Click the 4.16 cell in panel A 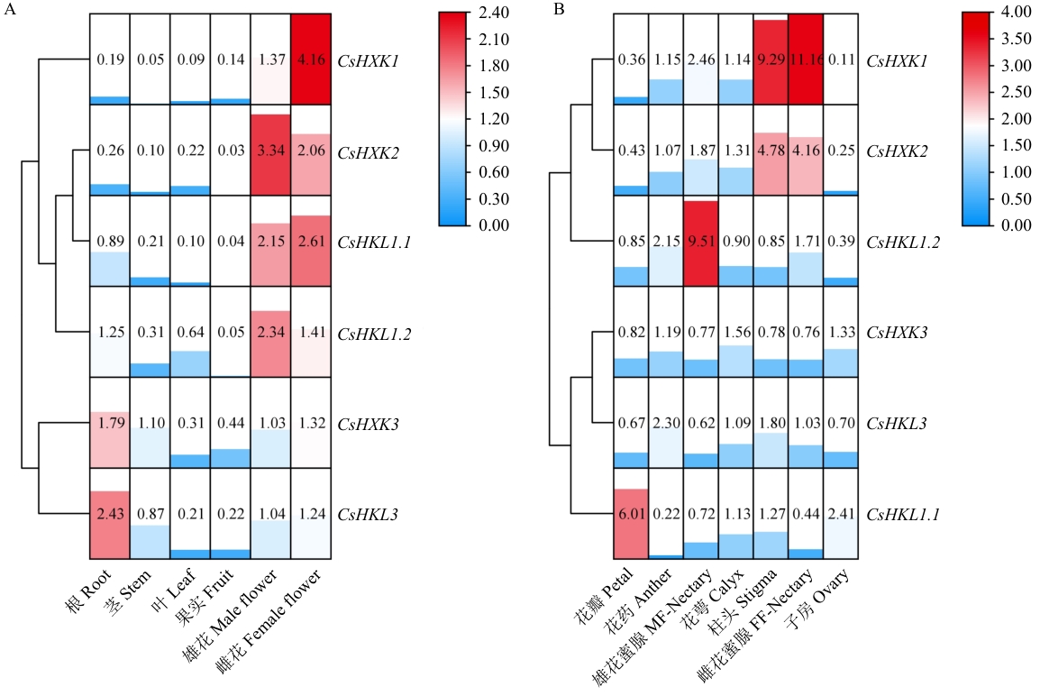click(310, 59)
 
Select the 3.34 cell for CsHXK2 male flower click(270, 150)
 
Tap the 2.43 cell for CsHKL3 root click(110, 514)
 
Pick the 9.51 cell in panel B click(700, 241)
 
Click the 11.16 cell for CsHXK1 click(805, 59)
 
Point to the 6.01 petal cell click(631, 514)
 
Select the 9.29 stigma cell click(771, 59)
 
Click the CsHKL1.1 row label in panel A click(374, 243)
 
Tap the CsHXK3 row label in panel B click(897, 333)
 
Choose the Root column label click(89, 590)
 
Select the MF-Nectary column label click(652, 626)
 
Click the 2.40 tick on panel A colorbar click(494, 13)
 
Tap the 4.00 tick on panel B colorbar click(1017, 13)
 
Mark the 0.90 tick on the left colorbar click(494, 145)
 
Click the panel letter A click(9, 10)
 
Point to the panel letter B click(559, 10)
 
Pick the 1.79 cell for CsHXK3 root click(110, 423)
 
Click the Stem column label click(129, 591)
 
